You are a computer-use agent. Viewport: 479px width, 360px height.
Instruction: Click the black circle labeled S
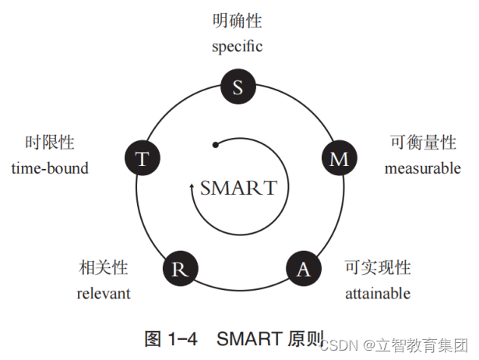(x=238, y=86)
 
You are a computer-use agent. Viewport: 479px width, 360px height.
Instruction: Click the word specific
(x=238, y=46)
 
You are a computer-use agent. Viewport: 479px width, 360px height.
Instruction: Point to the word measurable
(x=423, y=168)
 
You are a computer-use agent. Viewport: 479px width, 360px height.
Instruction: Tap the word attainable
(x=378, y=293)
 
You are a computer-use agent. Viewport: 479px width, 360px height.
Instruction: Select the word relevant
(x=104, y=293)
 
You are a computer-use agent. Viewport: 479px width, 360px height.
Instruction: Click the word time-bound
(x=50, y=168)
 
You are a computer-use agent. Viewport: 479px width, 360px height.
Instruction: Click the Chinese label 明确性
(x=238, y=21)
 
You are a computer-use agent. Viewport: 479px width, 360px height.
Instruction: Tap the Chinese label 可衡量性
(x=423, y=143)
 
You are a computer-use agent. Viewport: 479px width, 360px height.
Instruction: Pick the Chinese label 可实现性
(x=378, y=268)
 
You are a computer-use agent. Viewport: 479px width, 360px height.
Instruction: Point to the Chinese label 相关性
(x=104, y=268)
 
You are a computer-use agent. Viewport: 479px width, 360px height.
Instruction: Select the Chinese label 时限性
(x=50, y=143)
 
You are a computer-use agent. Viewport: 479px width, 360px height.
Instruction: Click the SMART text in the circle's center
(x=238, y=188)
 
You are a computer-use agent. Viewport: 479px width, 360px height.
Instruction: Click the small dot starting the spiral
(x=214, y=143)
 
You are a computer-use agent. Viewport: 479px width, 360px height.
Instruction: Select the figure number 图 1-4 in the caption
(x=173, y=338)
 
